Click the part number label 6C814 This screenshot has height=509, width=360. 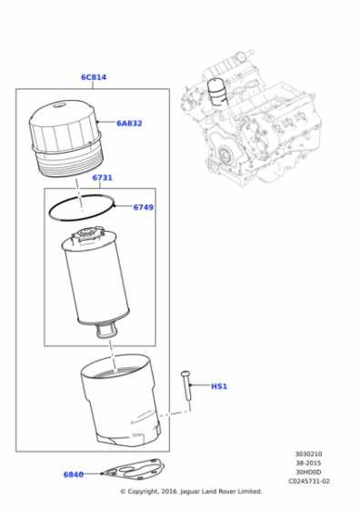[x=93, y=77]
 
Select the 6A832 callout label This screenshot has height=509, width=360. [x=129, y=123]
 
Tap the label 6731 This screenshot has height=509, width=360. [x=102, y=178]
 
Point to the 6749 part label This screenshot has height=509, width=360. [x=143, y=207]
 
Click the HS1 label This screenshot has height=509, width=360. [x=218, y=386]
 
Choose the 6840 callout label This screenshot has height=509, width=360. [x=73, y=474]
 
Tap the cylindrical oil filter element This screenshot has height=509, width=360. [x=91, y=282]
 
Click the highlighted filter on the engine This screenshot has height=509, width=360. [x=215, y=91]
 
